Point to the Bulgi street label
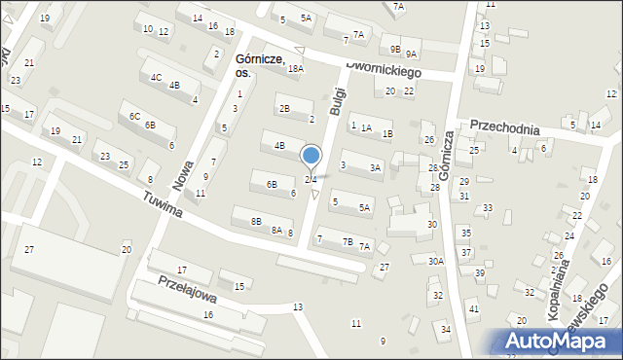tap(338, 99)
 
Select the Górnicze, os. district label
tap(260, 65)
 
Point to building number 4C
tap(155, 76)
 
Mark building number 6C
tap(133, 116)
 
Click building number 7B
tap(348, 241)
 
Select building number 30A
tap(435, 261)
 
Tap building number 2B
tap(283, 108)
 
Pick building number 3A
tap(375, 167)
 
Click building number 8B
tap(256, 221)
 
